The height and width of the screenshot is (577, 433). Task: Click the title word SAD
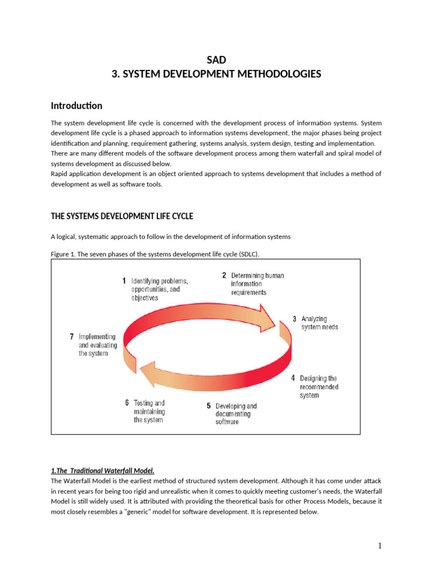coord(216,60)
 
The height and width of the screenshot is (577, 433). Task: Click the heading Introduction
coord(77,105)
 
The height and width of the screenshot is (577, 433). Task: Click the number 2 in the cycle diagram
coord(224,276)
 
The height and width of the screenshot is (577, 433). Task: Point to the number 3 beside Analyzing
coord(294,318)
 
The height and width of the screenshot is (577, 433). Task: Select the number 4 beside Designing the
coord(293,379)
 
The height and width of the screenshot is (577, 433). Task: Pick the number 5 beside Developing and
coord(209,406)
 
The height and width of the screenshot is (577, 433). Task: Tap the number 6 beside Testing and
coord(127,403)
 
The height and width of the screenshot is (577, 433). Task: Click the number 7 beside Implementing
coord(72,336)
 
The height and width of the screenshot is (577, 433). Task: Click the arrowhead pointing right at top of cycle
coord(269,319)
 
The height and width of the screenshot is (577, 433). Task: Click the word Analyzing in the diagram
coord(314,318)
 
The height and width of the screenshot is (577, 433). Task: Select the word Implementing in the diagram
coord(98,336)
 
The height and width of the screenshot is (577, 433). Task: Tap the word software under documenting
coord(227,422)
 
